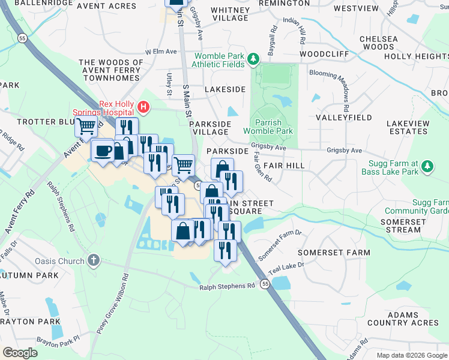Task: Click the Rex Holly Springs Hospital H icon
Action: (143, 107)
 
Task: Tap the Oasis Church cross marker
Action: (92, 260)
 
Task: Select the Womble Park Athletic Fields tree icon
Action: (253, 58)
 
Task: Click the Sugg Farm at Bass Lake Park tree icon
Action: (427, 166)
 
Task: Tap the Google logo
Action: (20, 353)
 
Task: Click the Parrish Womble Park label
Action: (268, 127)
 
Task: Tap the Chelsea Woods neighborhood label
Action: (378, 43)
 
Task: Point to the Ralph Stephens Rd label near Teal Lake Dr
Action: (228, 286)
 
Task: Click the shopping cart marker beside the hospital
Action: (86, 127)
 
